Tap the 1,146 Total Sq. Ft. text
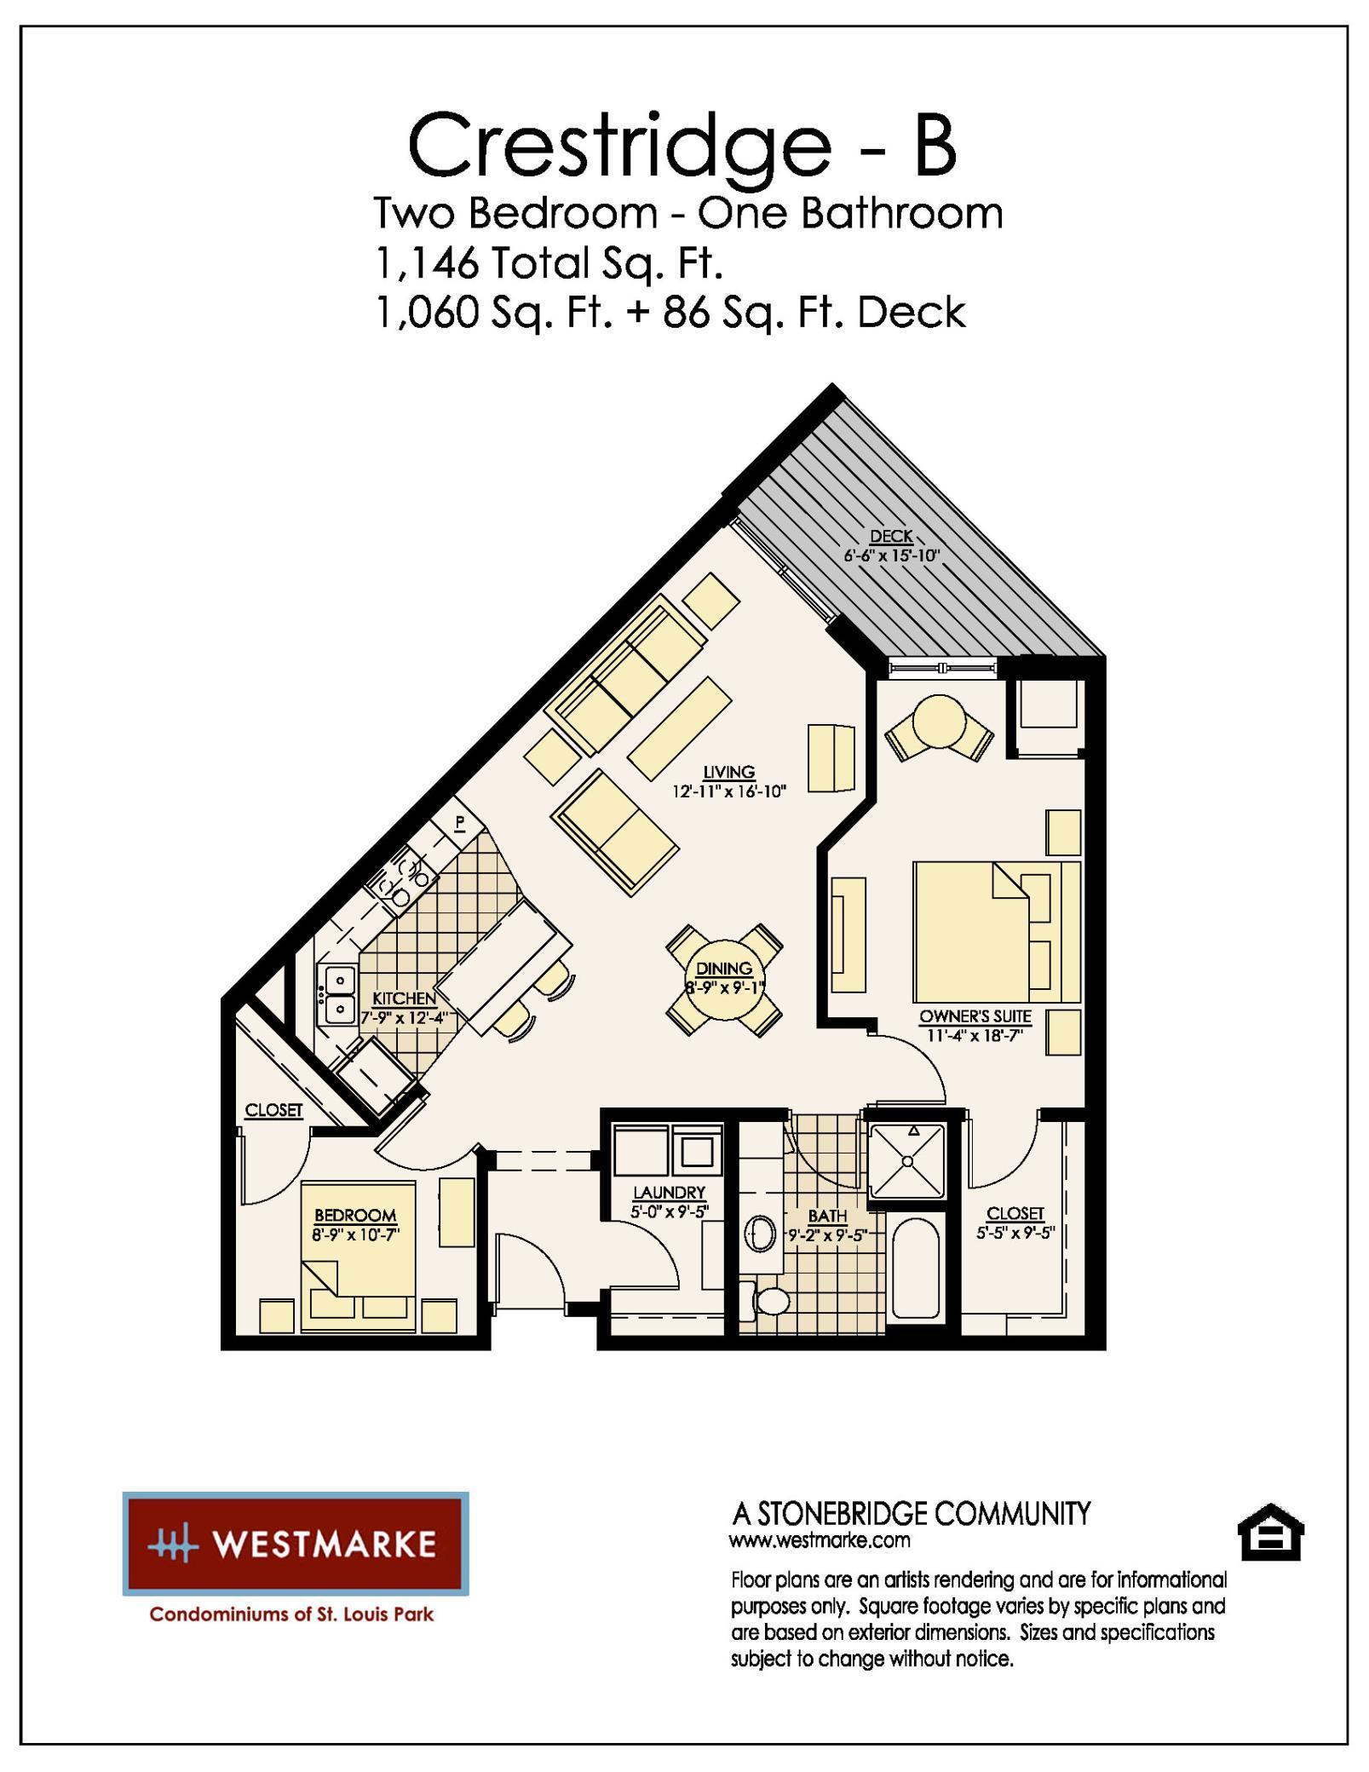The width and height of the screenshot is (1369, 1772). tap(549, 263)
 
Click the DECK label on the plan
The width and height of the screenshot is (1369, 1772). tap(891, 537)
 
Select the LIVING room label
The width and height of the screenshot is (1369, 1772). tap(728, 772)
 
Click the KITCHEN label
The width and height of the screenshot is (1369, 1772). tap(404, 998)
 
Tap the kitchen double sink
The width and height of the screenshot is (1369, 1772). tap(338, 995)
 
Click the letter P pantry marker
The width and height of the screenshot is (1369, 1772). tap(459, 822)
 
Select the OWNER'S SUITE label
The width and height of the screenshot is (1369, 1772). tap(975, 1016)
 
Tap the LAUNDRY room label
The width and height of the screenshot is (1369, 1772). tap(669, 1193)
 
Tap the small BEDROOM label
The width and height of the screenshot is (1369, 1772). tap(355, 1216)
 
